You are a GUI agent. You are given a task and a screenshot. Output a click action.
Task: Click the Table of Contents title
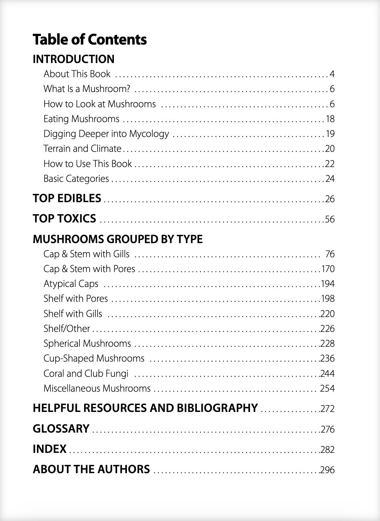point(90,39)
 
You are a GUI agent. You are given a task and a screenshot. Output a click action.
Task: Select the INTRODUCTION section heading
point(73,59)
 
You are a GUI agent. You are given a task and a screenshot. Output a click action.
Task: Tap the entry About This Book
point(77,74)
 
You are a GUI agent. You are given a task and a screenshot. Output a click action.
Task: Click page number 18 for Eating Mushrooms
point(330,119)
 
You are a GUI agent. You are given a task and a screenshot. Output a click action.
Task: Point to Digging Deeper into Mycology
point(106,134)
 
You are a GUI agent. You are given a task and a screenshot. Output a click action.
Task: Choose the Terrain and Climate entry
point(82,149)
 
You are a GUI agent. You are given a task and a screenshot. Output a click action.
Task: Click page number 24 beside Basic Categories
point(330,179)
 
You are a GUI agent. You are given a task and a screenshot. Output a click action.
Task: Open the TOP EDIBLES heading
point(67,198)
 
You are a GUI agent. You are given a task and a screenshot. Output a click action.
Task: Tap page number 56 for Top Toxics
point(330,219)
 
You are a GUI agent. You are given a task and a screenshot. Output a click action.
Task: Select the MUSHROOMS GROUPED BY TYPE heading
point(117,239)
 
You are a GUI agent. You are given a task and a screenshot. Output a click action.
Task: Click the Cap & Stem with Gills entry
point(86,254)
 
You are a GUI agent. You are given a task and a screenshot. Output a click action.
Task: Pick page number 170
point(328,269)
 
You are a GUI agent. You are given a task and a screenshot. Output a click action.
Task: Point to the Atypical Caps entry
point(71,284)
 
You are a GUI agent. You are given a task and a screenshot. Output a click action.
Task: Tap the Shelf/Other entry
point(67,328)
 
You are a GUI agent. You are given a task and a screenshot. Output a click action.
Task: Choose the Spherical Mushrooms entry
point(87,343)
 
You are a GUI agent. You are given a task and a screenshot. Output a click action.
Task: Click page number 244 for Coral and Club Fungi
point(327,374)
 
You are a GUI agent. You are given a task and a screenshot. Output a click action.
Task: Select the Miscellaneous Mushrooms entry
point(97,388)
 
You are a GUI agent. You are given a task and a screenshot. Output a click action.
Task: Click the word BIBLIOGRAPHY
point(217,408)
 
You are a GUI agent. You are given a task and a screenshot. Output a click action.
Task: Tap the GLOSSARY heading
point(61,429)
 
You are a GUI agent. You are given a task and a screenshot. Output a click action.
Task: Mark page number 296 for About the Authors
point(327,470)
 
